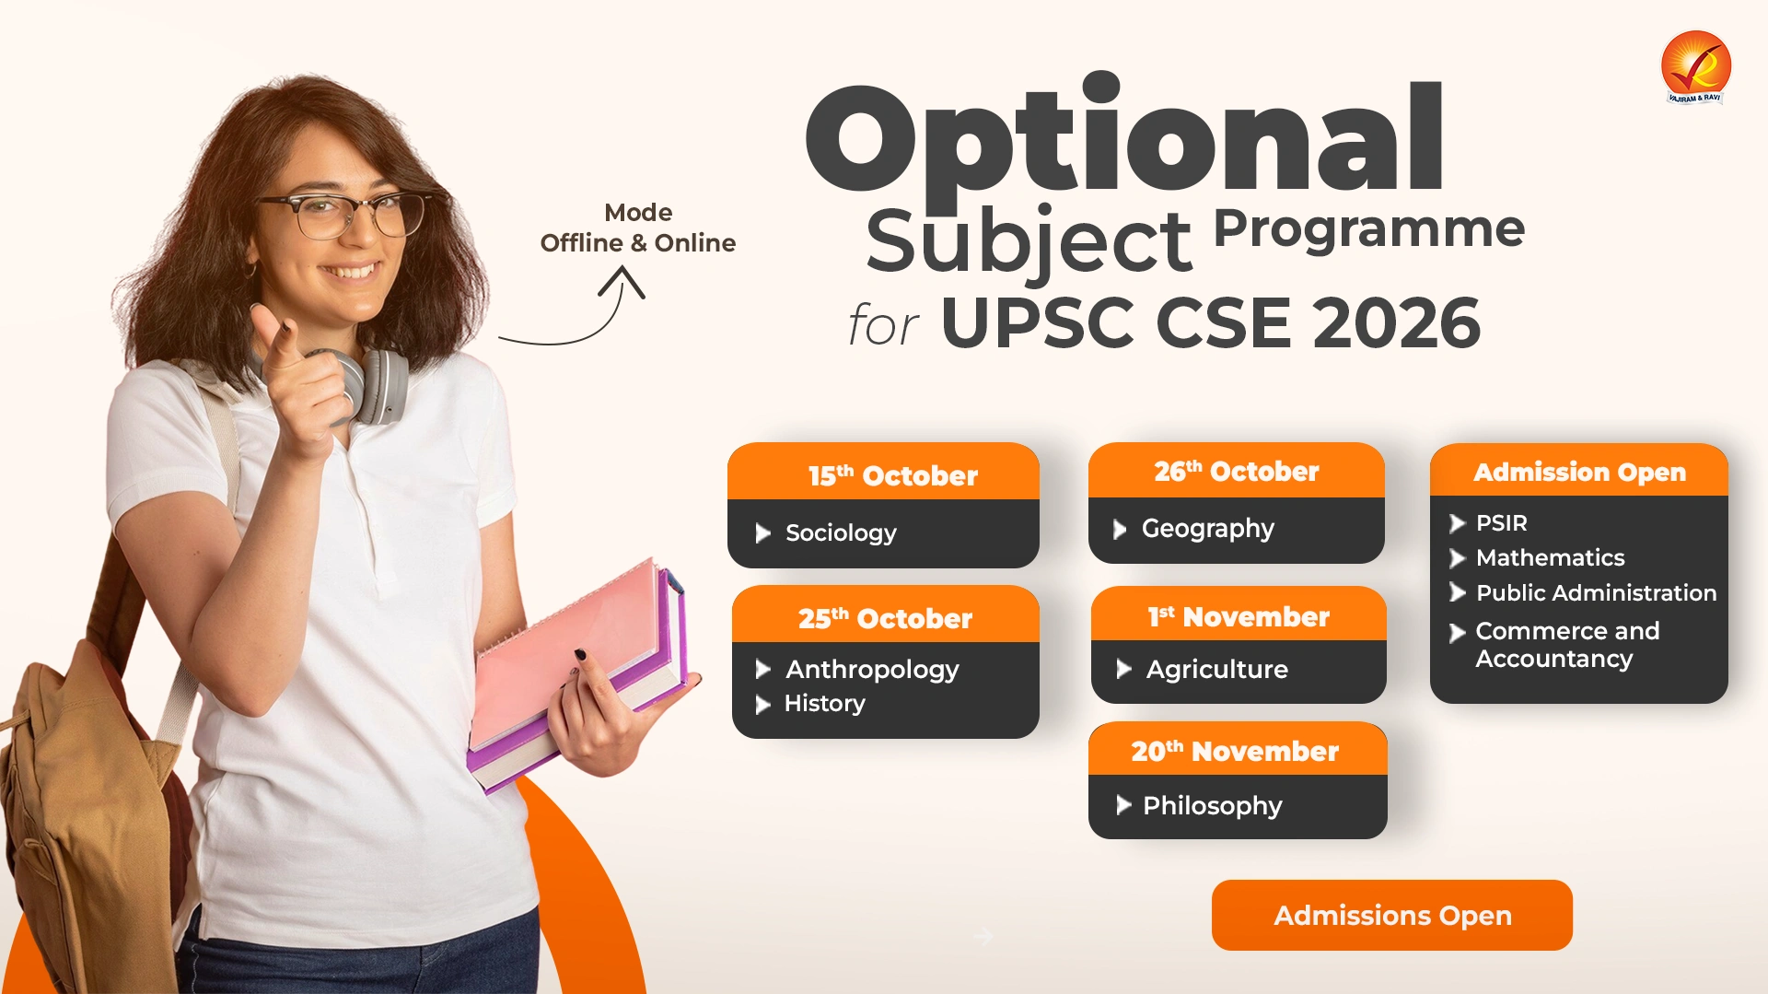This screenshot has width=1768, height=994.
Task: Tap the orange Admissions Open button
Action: [1391, 915]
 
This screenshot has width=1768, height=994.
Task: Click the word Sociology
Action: [841, 533]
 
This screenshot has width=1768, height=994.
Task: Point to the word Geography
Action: [1207, 530]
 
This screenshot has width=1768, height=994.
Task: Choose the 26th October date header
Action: [1237, 471]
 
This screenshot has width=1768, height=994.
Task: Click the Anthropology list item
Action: [872, 670]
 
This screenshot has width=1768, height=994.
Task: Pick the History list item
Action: [824, 704]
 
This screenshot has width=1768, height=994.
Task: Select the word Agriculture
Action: [1216, 670]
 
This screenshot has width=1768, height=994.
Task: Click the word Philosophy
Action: [1212, 806]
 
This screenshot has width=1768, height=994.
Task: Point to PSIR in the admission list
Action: [1501, 523]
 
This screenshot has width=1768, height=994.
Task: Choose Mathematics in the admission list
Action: [1550, 557]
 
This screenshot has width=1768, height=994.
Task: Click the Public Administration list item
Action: [1596, 592]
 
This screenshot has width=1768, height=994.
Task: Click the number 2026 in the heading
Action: [1396, 323]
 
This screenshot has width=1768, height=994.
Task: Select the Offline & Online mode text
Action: [637, 243]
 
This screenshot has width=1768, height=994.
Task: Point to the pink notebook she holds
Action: [571, 649]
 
